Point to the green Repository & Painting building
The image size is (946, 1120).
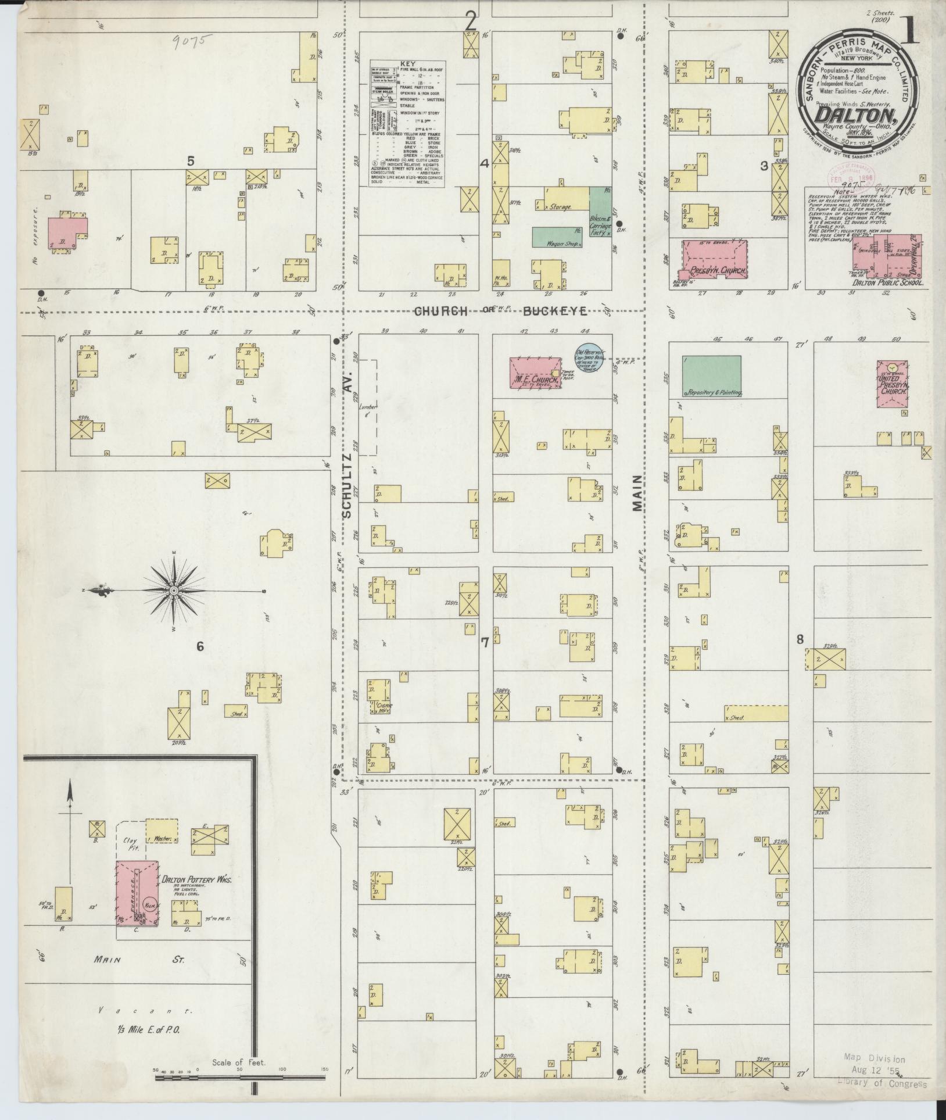(x=711, y=376)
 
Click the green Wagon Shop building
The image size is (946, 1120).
(x=558, y=237)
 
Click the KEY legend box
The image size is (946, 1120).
(x=407, y=123)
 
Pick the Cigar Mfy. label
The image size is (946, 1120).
(x=384, y=706)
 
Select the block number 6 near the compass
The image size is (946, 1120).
(x=199, y=647)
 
